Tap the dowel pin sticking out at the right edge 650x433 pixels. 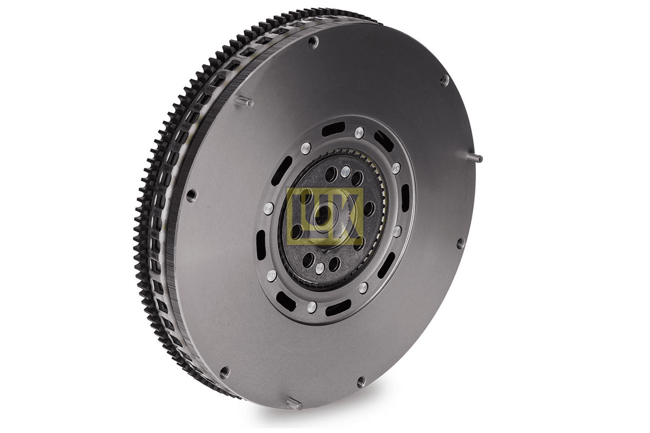(476, 158)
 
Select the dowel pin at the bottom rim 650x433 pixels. (294, 403)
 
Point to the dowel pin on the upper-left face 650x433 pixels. (244, 101)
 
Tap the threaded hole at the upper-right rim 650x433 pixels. (444, 80)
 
